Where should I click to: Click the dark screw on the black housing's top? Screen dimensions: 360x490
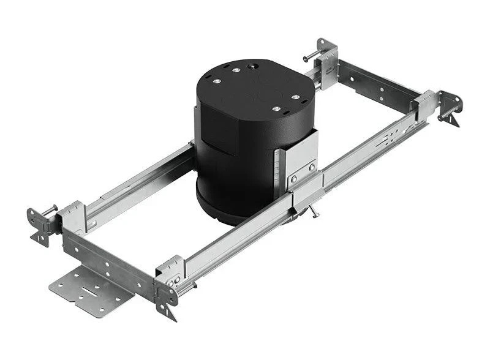pos(251,64)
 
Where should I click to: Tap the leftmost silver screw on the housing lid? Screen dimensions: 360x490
pos(216,78)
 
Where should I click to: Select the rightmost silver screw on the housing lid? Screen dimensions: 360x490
pos(295,97)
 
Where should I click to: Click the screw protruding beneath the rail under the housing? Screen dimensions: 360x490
pos(314,211)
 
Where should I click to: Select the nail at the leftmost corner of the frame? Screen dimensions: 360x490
pos(49,210)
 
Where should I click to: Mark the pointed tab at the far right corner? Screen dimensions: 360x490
pos(454,120)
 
